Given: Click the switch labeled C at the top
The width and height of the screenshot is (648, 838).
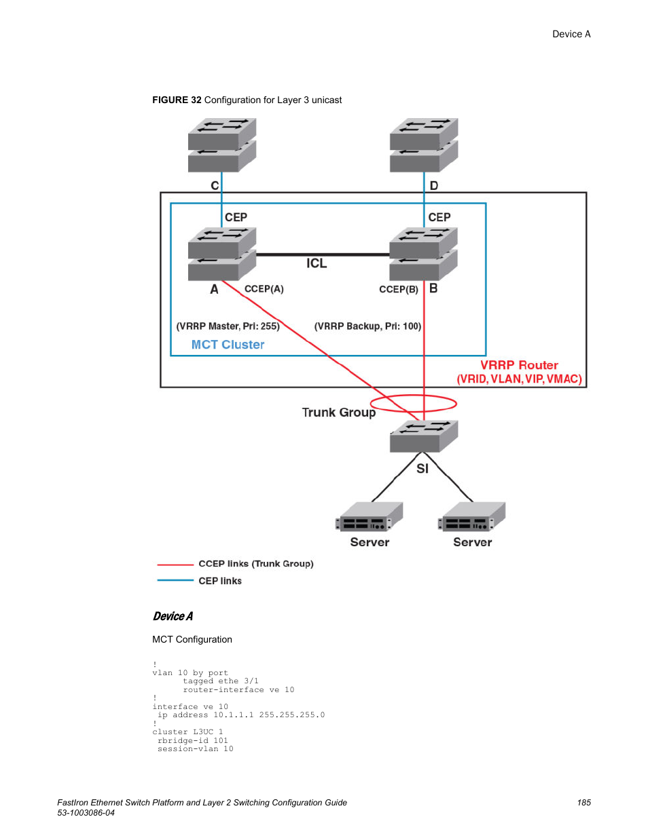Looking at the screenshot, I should (x=221, y=145).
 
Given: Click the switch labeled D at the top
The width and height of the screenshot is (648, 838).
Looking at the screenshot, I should (x=424, y=145).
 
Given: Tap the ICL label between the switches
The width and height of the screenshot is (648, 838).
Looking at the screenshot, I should (x=317, y=263).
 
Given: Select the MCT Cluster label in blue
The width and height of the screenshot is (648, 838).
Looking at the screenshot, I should (x=228, y=345).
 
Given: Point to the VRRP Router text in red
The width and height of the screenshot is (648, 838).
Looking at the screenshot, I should (x=519, y=365).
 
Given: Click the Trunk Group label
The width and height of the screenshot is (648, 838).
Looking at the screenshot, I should (x=338, y=413).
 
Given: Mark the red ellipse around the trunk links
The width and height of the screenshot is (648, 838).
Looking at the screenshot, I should (x=414, y=404).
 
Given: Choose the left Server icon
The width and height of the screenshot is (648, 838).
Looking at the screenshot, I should (x=370, y=517).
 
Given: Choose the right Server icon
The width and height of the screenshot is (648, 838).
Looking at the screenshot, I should (x=472, y=517).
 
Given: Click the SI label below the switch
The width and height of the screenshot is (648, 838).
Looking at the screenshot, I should (x=422, y=469).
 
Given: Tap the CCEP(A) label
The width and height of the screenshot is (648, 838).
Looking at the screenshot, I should (x=264, y=289).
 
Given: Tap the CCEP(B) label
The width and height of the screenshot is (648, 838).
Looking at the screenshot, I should (x=399, y=290).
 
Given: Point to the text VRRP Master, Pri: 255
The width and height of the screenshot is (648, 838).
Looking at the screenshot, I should (x=228, y=326).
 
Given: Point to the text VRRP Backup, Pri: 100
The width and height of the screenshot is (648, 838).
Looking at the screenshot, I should (x=367, y=326).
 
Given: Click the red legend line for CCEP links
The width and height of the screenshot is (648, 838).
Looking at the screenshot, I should (x=175, y=565).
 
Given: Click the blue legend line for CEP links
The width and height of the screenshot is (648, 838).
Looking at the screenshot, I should (x=175, y=581).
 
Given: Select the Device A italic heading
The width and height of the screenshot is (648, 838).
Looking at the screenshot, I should (x=173, y=616).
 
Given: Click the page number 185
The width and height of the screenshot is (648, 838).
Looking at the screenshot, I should (x=583, y=803).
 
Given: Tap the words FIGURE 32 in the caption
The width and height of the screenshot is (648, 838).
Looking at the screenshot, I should (x=177, y=100).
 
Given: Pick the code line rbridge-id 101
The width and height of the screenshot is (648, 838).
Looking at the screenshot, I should (x=193, y=741).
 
